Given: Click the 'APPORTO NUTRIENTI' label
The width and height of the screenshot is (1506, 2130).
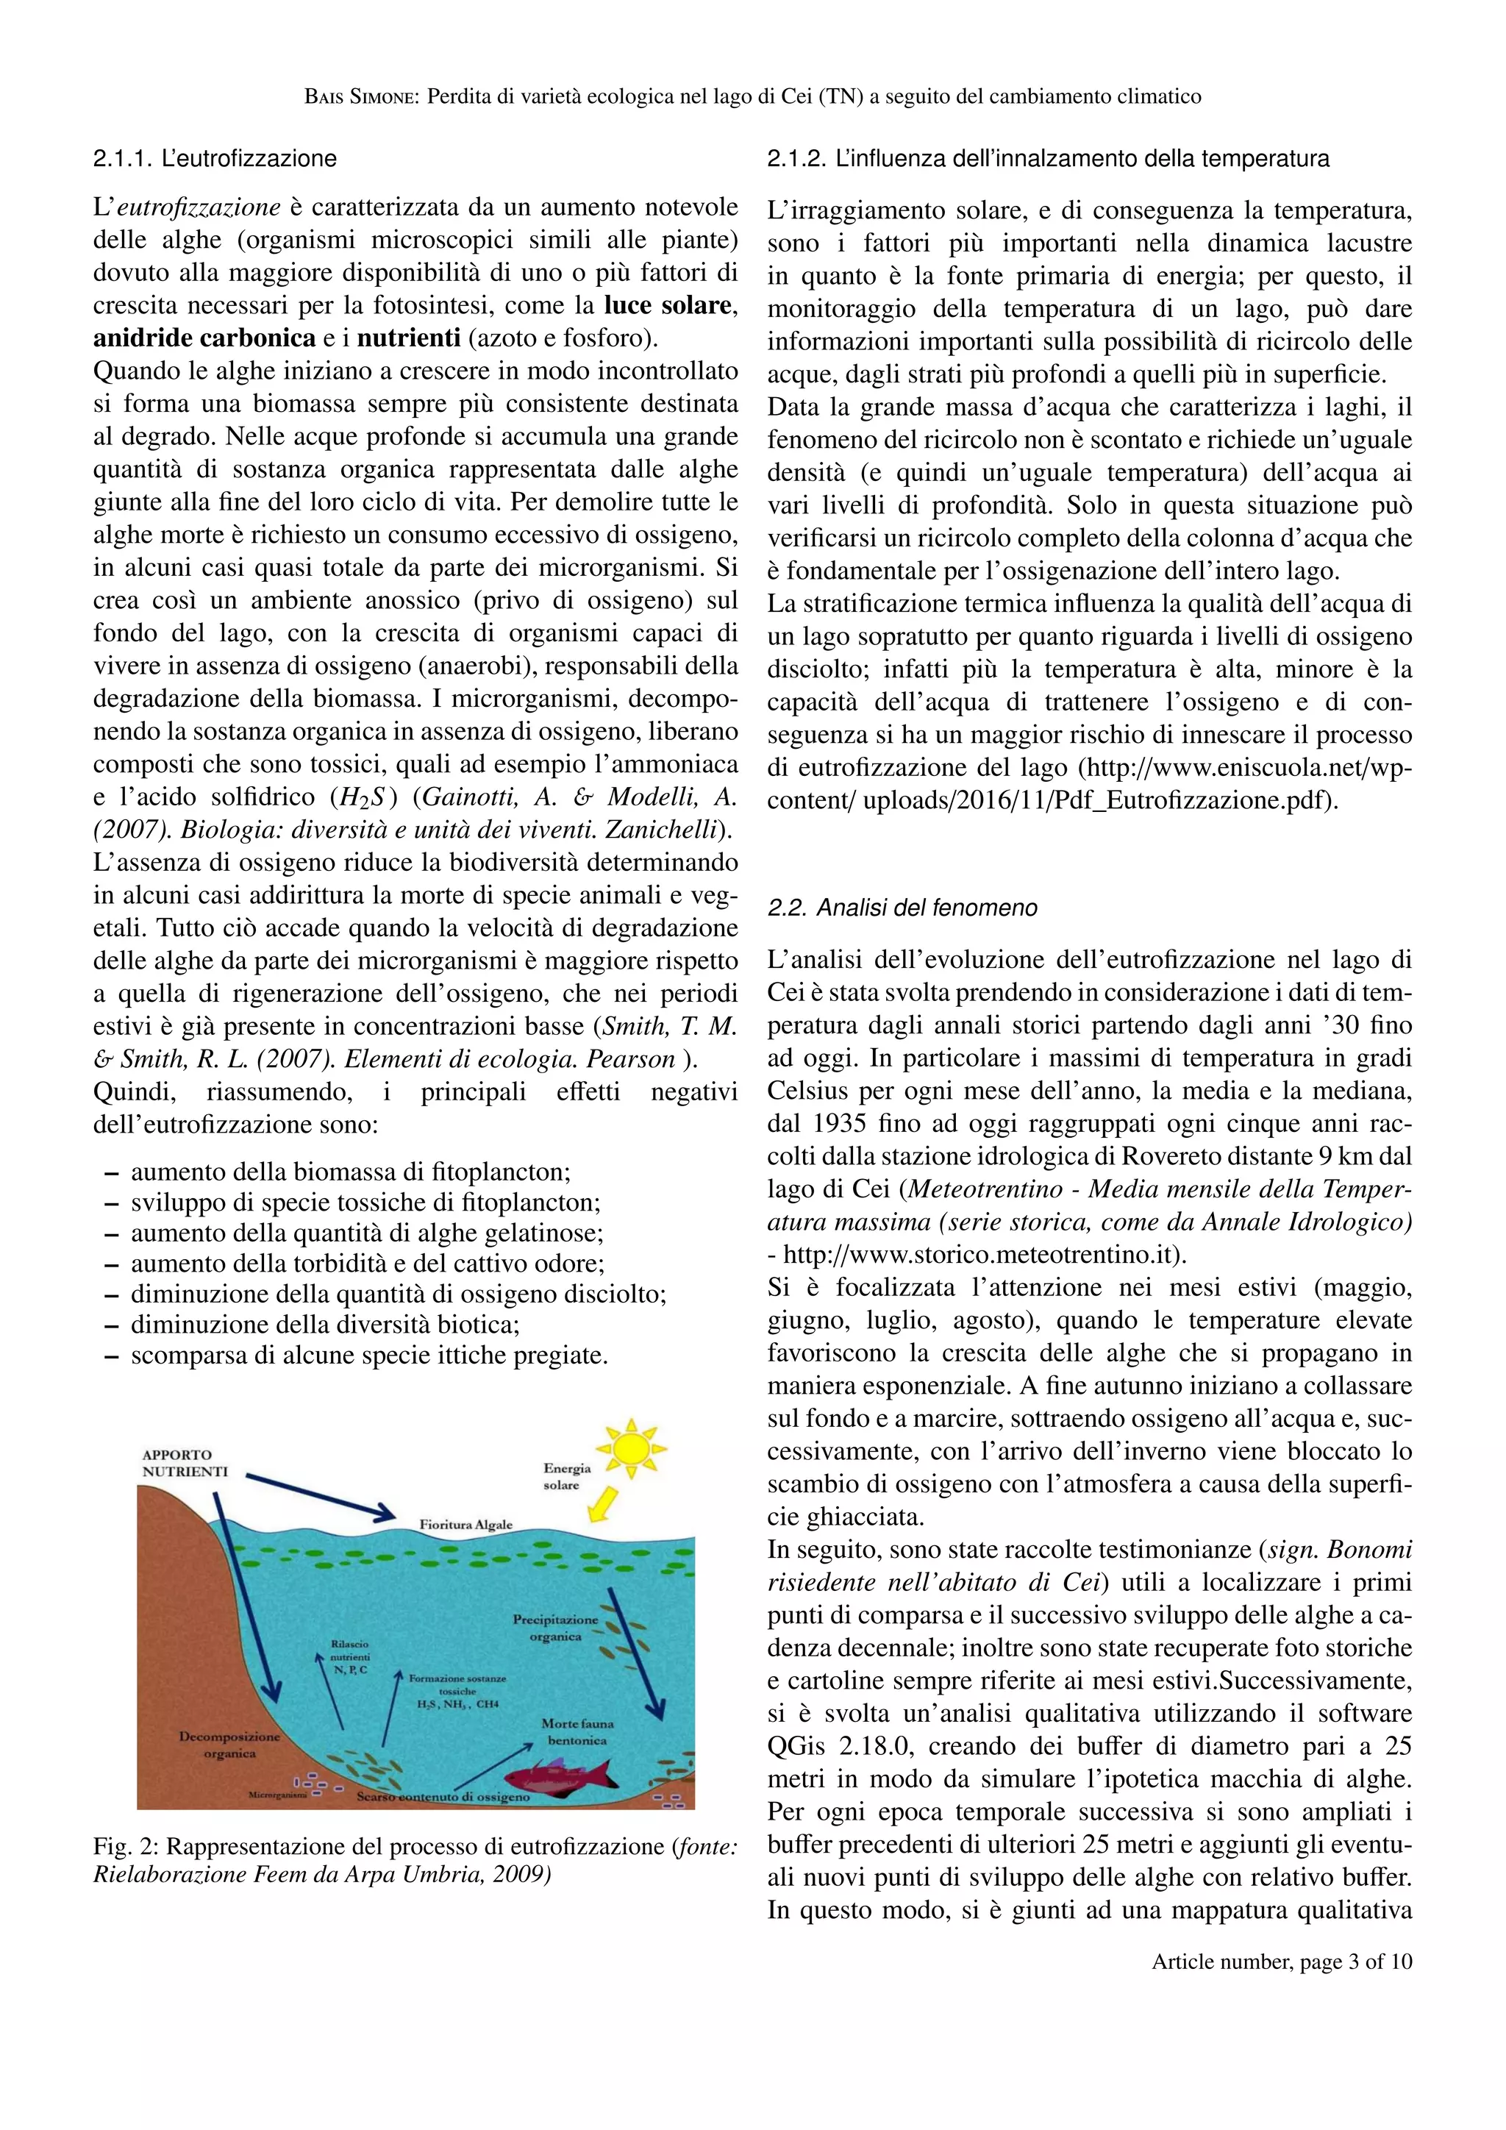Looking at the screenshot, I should click(185, 1463).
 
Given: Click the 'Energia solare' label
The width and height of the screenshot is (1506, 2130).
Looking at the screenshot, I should click(567, 1476).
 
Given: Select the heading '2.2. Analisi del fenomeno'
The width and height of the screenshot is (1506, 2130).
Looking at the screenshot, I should click(902, 908).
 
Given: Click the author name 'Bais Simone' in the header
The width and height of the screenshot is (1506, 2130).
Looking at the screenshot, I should click(363, 96).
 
